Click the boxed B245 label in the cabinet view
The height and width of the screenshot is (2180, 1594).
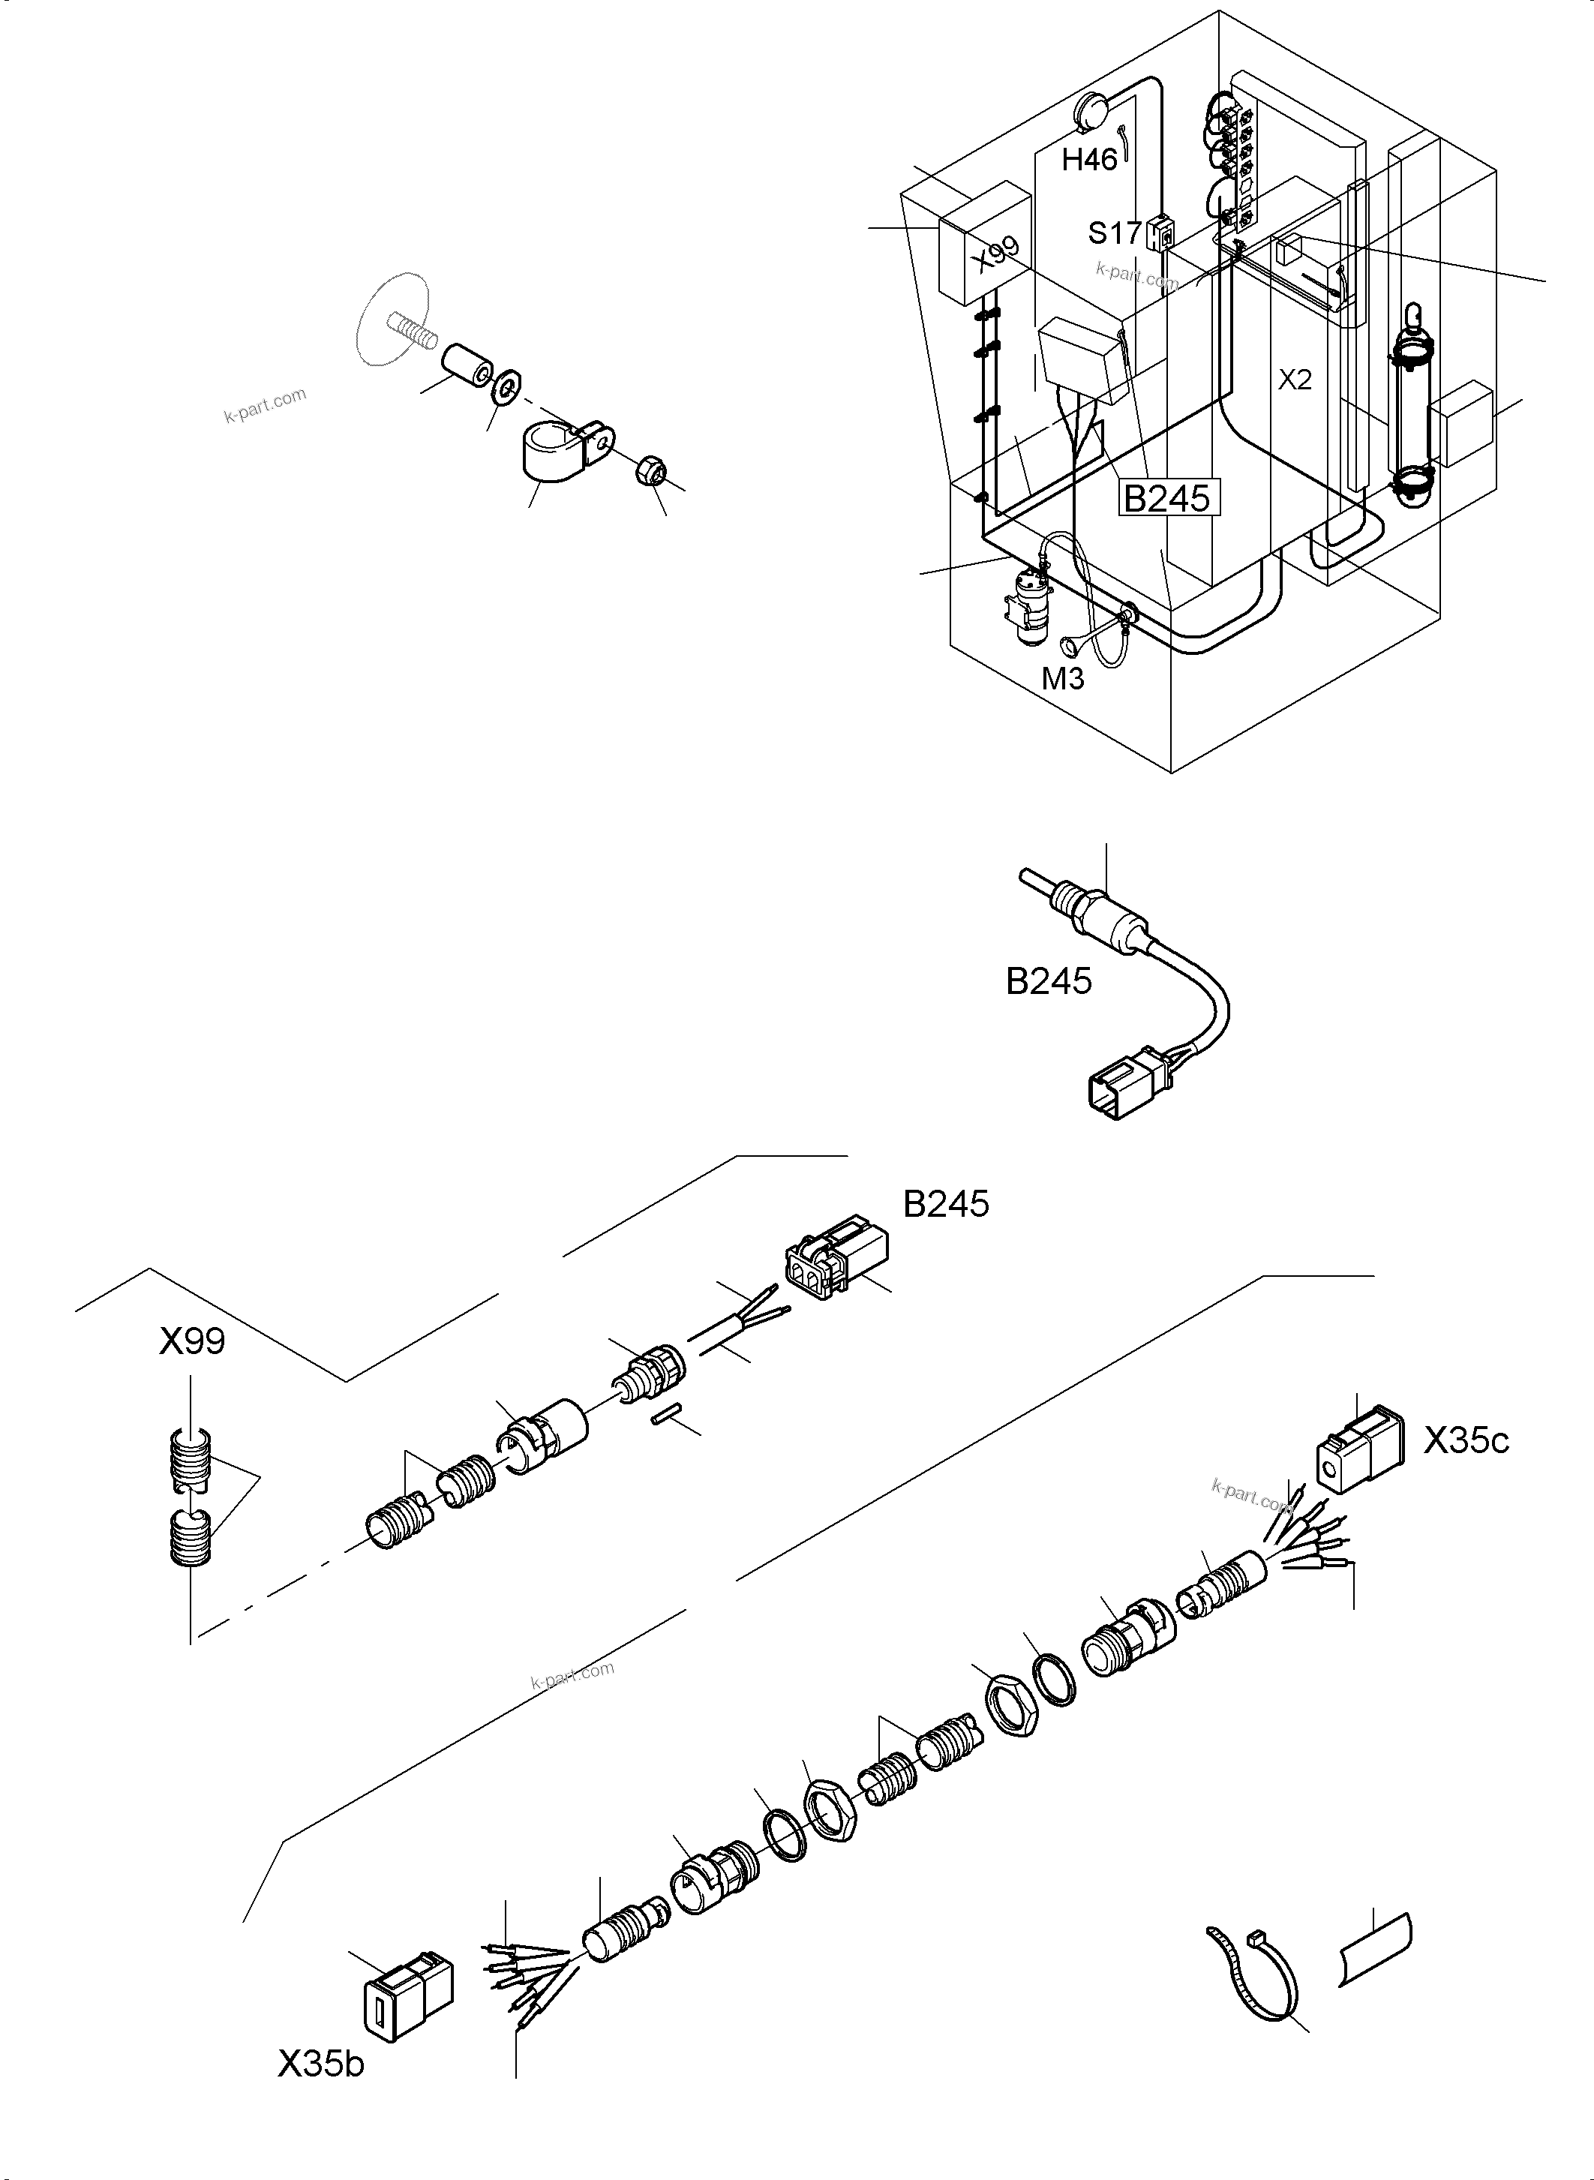(x=1166, y=498)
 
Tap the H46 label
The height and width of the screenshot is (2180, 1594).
(x=1089, y=159)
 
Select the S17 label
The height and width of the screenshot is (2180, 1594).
(x=1115, y=233)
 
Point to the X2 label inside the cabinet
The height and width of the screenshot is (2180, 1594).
(x=1295, y=380)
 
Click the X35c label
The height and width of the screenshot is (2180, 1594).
(x=1466, y=1441)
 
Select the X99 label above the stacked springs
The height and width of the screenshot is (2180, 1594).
(x=192, y=1341)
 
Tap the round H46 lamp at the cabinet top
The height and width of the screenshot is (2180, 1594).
(x=1093, y=112)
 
